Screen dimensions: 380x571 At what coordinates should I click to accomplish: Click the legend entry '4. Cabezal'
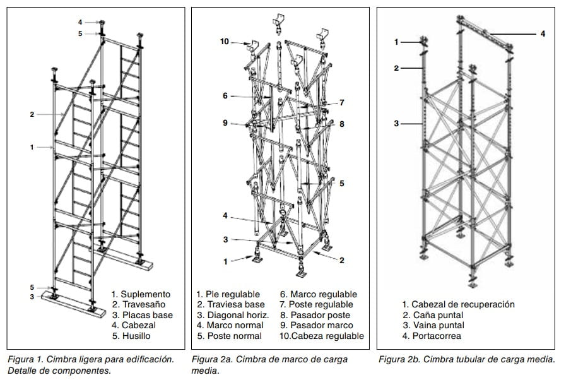pos(134,325)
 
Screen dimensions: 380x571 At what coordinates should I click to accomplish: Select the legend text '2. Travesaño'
pos(138,304)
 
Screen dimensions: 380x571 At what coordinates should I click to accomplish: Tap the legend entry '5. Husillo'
pos(133,336)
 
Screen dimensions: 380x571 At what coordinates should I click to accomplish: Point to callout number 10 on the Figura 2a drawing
pos(225,42)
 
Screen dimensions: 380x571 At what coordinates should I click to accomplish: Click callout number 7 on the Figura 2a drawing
pos(341,102)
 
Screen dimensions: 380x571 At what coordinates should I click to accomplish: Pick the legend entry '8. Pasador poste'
pos(317,315)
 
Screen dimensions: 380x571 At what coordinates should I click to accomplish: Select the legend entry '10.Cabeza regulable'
pos(322,336)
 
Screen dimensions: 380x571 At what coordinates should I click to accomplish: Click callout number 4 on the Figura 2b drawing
pos(543,33)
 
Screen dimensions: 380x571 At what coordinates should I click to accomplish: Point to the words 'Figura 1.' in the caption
pos(30,360)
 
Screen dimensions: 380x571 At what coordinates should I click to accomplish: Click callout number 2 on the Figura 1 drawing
pos(32,114)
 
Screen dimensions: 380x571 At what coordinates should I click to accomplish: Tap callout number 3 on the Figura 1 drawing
pos(32,297)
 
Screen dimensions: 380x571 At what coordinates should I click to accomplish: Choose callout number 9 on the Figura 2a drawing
pos(225,123)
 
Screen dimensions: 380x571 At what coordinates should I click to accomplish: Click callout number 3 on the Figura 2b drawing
pos(396,124)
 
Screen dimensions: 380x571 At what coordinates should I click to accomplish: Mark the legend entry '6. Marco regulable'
pos(319,294)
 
